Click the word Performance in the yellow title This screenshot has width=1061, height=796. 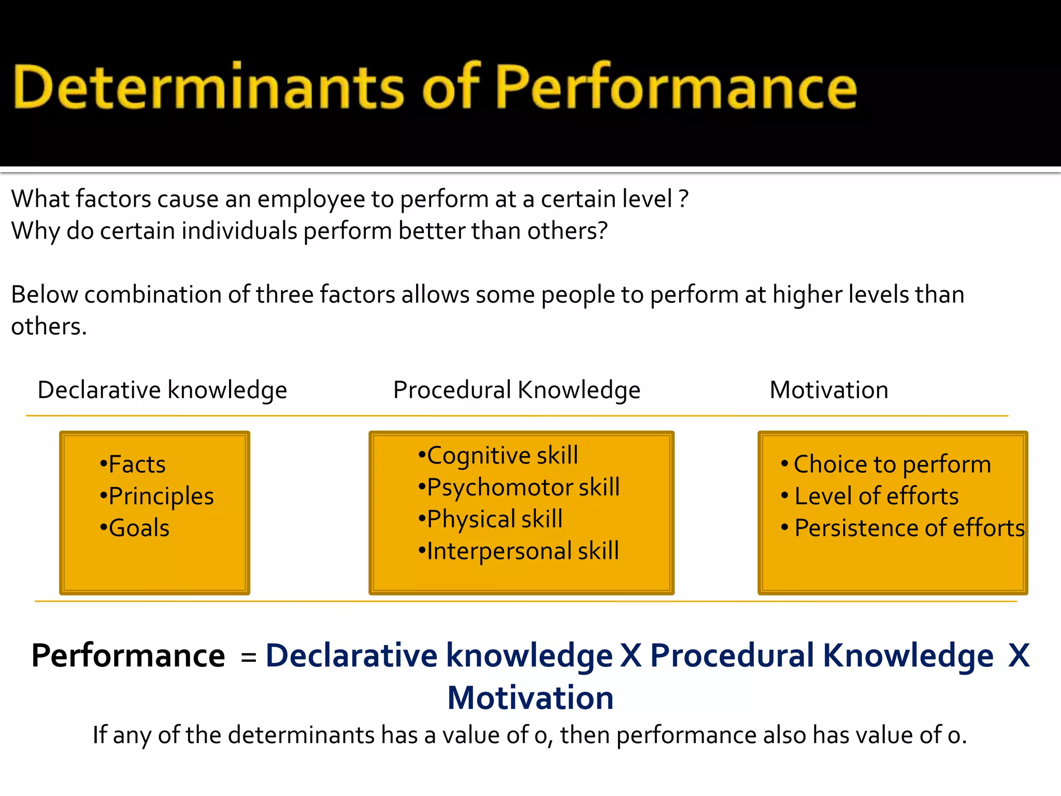677,87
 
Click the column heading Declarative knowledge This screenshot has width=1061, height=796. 162,390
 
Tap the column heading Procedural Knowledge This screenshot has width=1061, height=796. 517,390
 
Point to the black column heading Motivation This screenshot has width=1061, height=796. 829,390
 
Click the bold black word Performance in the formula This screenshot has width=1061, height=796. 128,656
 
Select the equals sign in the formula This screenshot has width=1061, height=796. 249,657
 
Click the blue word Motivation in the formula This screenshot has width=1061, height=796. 530,698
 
